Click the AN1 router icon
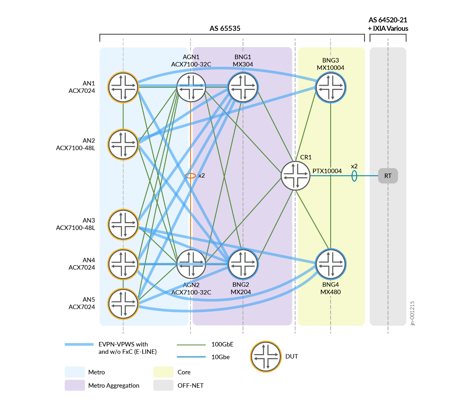[123, 87]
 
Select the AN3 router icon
[123, 225]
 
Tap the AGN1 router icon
[191, 87]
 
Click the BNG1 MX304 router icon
[243, 87]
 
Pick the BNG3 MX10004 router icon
[330, 87]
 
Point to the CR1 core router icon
[295, 176]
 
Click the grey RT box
[388, 176]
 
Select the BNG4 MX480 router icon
[330, 264]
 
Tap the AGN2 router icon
[191, 264]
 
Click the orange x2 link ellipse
[190, 176]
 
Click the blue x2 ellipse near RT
[354, 176]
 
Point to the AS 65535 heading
[225, 28]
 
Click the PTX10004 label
[327, 171]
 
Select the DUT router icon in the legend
[266, 357]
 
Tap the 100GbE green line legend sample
[191, 345]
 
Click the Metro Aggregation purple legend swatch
[75, 385]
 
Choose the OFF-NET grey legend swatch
[163, 385]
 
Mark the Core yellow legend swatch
[163, 372]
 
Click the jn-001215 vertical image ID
[412, 313]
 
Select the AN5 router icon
[123, 304]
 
